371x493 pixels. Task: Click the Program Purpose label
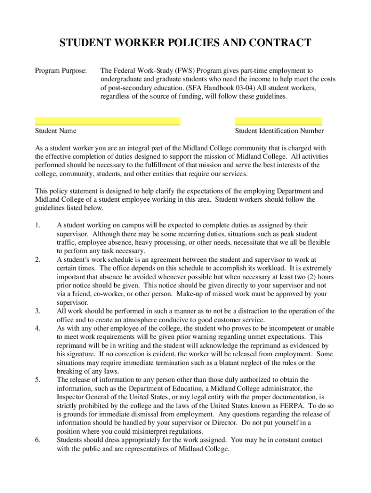pos(61,71)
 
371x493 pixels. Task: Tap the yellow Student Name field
pos(107,121)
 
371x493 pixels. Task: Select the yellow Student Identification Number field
pos(278,121)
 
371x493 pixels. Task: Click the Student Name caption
pos(55,130)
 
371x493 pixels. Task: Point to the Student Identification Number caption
pos(279,130)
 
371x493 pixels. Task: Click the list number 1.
pos(38,225)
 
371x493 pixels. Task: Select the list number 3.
pos(38,311)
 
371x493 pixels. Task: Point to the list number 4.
pos(38,328)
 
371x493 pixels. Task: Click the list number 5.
pos(38,380)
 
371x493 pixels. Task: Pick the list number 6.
pos(38,440)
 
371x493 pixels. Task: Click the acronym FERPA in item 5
pos(294,406)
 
